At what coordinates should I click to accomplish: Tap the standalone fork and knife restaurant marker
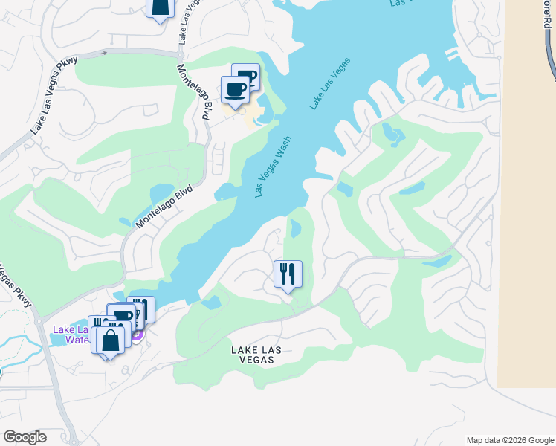[288, 274]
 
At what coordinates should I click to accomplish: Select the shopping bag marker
[111, 341]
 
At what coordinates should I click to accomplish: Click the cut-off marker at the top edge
[160, 8]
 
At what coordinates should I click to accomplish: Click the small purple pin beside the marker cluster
[137, 335]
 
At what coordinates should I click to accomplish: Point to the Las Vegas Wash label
[272, 167]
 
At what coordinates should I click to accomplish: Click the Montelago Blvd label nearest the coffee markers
[194, 91]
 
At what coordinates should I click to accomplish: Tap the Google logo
[25, 437]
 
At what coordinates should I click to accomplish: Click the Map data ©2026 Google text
[509, 439]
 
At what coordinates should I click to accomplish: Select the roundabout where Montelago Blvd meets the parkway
[181, 53]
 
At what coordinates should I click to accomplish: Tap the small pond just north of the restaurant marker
[294, 230]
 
